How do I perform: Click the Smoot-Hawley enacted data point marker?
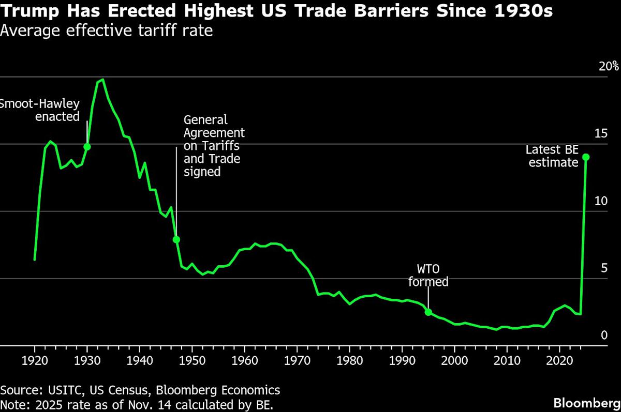coord(87,147)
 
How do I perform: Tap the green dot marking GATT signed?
coord(176,239)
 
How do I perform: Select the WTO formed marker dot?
coord(428,312)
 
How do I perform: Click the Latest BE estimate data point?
coord(586,157)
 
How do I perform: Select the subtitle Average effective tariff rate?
coord(106,31)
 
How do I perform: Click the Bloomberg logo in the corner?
coord(586,403)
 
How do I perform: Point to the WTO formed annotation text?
coord(428,276)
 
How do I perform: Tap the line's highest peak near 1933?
coord(102,80)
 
